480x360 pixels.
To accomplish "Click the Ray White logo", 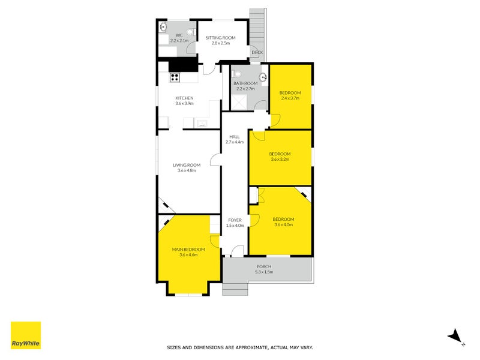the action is point(26,335).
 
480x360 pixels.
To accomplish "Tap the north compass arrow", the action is point(455,336).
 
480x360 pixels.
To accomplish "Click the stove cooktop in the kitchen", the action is point(175,77).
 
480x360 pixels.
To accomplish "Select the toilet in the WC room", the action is point(191,32).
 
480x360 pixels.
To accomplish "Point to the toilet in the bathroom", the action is point(236,74).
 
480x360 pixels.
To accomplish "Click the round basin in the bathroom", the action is point(263,77).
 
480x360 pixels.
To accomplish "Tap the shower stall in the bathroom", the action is point(238,102).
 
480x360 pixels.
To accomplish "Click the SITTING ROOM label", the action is point(220,38).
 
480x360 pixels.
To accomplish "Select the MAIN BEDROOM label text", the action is point(188,250).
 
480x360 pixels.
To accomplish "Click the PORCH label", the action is point(264,266).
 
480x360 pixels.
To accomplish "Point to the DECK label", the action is point(257,52).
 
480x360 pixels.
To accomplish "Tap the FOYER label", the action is point(235,220).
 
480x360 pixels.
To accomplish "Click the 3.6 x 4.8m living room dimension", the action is point(187,170).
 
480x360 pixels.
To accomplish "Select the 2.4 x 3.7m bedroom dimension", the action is point(290,98).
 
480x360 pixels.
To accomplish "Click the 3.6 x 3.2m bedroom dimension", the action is point(280,159).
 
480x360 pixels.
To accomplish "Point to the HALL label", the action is point(235,137).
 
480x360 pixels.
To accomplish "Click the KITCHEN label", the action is point(184,98).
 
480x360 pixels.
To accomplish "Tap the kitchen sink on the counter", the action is point(202,124).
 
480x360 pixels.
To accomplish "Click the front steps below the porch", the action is point(235,289).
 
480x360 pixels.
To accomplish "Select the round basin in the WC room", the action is point(163,26).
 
